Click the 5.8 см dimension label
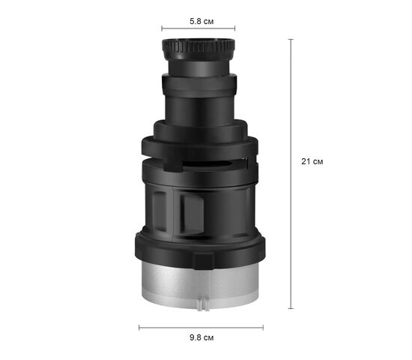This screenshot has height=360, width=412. coord(202,21)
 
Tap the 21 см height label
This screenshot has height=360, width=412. coord(312,161)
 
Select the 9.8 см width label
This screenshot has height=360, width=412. coord(202,337)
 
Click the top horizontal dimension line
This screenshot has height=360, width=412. coord(199,28)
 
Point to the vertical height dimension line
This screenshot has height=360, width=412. coord(291,174)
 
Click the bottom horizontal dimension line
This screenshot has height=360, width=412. coord(201,328)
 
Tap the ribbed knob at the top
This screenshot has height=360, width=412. coord(199,49)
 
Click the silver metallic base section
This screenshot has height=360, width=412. coord(200,286)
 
